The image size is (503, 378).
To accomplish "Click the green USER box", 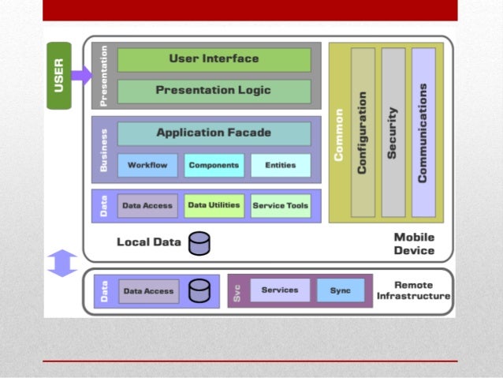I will pyautogui.click(x=59, y=74).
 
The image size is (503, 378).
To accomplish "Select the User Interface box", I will pyautogui.click(x=214, y=59).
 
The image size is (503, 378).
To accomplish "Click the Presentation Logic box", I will pyautogui.click(x=214, y=91).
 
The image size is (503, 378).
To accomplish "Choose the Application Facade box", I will pyautogui.click(x=214, y=133).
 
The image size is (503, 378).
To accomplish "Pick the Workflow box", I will pyautogui.click(x=147, y=165).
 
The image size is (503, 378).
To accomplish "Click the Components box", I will pyautogui.click(x=214, y=165).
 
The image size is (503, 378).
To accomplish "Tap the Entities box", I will pyautogui.click(x=281, y=165).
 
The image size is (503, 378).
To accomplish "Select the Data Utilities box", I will pyautogui.click(x=214, y=205).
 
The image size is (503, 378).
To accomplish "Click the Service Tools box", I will pyautogui.click(x=281, y=206).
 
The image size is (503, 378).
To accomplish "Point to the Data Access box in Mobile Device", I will pyautogui.click(x=147, y=206).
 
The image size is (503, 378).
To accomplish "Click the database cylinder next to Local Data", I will pyautogui.click(x=199, y=244).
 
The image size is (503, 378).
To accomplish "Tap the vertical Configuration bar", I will pyautogui.click(x=363, y=132).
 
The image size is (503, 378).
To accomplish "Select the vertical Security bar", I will pyautogui.click(x=393, y=132).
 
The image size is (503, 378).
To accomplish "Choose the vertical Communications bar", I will pyautogui.click(x=423, y=132).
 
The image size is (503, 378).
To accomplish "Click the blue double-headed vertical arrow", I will pyautogui.click(x=62, y=263).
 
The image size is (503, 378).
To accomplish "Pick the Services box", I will pyautogui.click(x=280, y=290).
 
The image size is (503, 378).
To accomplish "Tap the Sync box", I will pyautogui.click(x=341, y=290).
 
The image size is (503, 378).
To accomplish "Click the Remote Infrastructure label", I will pyautogui.click(x=413, y=290).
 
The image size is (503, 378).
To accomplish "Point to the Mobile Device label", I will pyautogui.click(x=414, y=244).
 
